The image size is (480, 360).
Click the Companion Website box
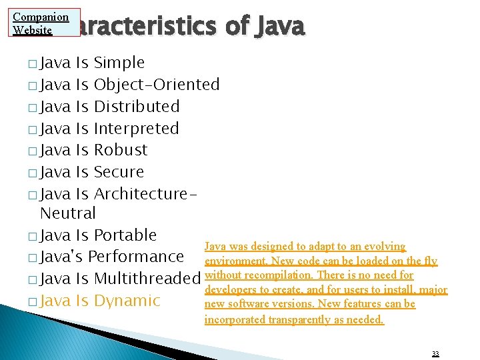point(41,23)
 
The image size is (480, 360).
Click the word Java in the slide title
point(277,27)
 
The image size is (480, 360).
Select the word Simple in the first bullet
point(119,63)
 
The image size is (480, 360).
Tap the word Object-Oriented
point(157,85)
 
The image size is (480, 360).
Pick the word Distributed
point(137,107)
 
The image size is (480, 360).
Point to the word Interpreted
point(137,129)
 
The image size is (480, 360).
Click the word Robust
point(121,150)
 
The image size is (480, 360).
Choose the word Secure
point(119,172)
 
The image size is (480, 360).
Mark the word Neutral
point(68,214)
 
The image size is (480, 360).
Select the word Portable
point(125,235)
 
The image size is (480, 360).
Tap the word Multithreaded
point(147,279)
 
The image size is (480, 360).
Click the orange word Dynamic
point(127,301)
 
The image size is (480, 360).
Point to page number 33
point(435,353)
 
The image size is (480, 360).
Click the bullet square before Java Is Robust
point(33,151)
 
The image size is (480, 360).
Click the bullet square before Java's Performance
point(33,258)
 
